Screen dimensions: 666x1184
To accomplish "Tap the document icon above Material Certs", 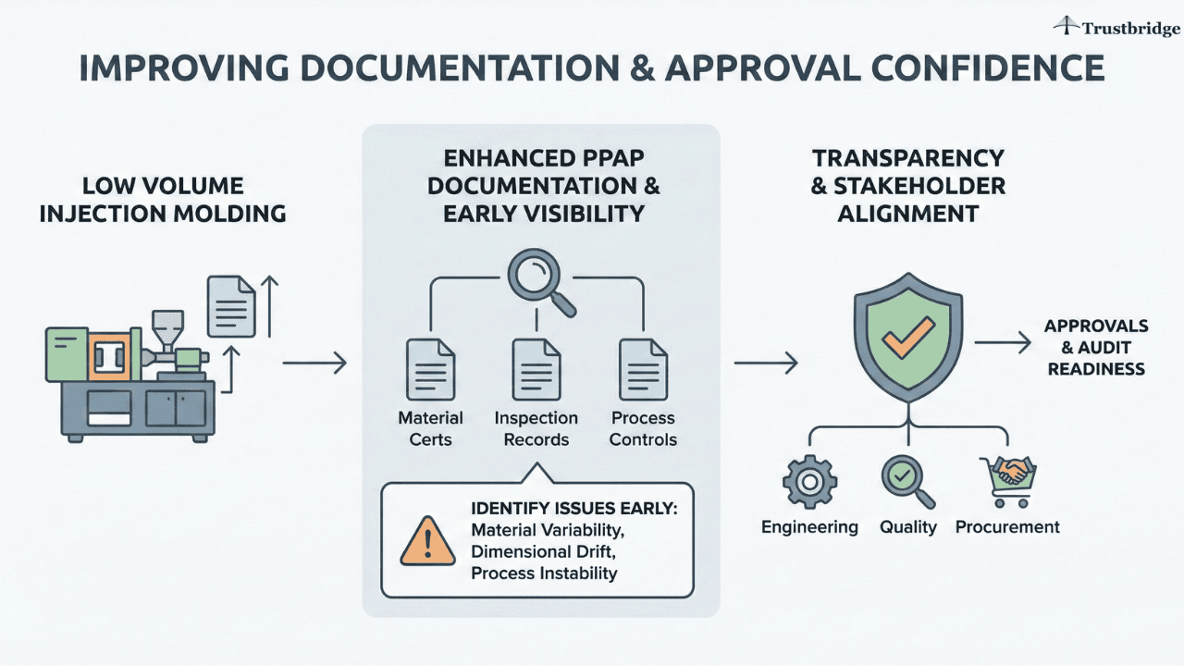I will pyautogui.click(x=430, y=369).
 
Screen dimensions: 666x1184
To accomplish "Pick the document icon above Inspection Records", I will pyautogui.click(x=536, y=369).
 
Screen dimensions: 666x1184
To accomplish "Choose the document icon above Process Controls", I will pyautogui.click(x=643, y=369).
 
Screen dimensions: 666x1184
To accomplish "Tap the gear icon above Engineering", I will pyautogui.click(x=809, y=481).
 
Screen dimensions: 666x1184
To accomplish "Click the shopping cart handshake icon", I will pyautogui.click(x=1006, y=479).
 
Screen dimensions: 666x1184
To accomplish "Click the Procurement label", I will pyautogui.click(x=1007, y=527).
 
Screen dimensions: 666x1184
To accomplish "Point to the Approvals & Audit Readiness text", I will pyautogui.click(x=1096, y=348).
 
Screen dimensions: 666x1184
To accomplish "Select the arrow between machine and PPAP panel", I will pyautogui.click(x=314, y=364).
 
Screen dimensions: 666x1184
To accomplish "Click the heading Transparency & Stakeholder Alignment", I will pyautogui.click(x=907, y=185).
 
